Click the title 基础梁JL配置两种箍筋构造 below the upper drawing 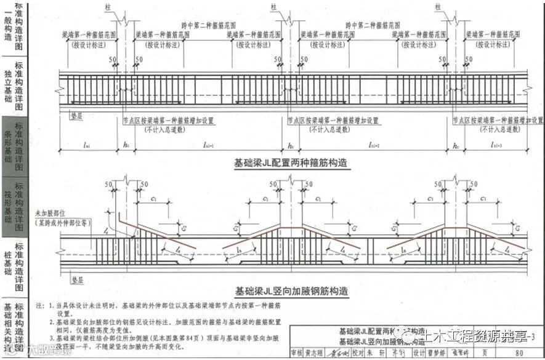click(291, 163)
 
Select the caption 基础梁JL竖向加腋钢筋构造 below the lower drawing click(291, 290)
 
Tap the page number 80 click(519, 353)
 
